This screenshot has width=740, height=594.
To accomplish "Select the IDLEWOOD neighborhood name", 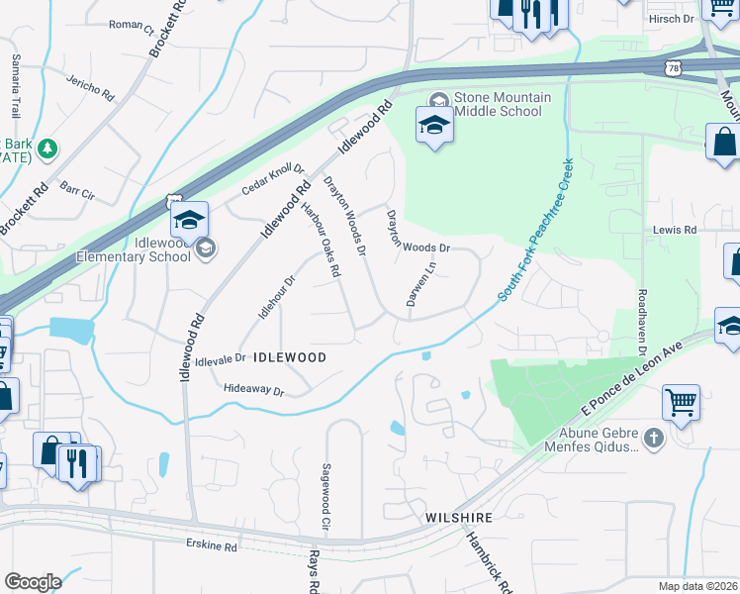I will click(289, 355).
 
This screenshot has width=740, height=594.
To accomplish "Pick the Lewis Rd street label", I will click(675, 230).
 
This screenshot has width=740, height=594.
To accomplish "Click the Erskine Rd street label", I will click(213, 545).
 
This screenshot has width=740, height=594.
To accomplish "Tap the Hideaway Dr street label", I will click(254, 391).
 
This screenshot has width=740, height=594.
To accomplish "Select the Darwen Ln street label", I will click(418, 282).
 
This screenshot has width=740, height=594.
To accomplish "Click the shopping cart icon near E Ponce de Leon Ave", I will click(681, 402).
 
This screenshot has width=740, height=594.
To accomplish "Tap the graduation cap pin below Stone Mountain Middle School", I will click(434, 125).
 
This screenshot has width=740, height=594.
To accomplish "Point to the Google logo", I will click(33, 581).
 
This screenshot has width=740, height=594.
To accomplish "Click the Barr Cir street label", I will click(74, 186).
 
